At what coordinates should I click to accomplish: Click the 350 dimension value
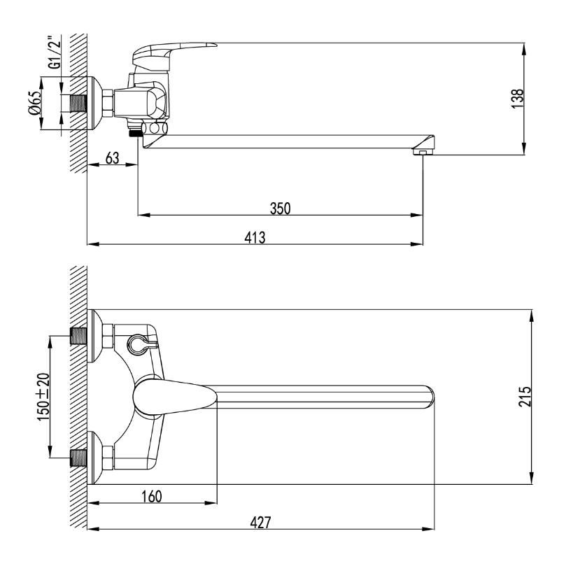(x=280, y=208)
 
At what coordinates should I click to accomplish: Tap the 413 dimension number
(x=255, y=237)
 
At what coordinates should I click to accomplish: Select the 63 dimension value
(x=112, y=157)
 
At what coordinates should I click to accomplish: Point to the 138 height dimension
(x=517, y=99)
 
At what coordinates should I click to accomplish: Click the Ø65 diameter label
(x=36, y=103)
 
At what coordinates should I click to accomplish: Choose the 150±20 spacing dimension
(x=43, y=397)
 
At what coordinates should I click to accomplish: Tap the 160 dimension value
(x=152, y=497)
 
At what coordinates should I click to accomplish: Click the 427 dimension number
(x=260, y=523)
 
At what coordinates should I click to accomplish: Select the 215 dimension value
(x=525, y=397)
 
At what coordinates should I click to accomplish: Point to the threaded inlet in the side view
(x=78, y=104)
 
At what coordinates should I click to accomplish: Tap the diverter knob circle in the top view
(x=138, y=344)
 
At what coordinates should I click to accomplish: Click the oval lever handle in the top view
(x=175, y=397)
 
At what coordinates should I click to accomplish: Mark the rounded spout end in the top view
(x=429, y=397)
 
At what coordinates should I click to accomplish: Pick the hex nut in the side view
(x=108, y=104)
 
